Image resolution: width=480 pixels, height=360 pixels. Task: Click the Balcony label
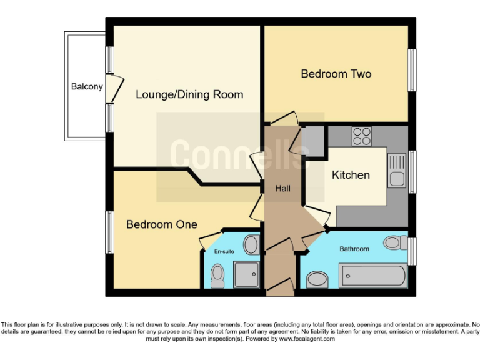click(87, 87)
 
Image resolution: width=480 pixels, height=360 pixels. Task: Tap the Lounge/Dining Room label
click(189, 95)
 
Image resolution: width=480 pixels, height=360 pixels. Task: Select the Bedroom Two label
click(336, 74)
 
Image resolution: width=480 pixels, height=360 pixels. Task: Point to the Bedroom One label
click(161, 224)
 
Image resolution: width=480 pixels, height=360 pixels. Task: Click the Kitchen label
click(351, 175)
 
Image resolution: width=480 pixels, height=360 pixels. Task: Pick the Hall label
click(282, 188)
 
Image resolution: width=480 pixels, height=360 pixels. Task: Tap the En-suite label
click(224, 251)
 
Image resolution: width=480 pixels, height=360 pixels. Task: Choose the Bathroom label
click(354, 249)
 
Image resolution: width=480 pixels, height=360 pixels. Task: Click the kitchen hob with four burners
click(361, 135)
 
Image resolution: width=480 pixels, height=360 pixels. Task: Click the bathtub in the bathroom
click(372, 276)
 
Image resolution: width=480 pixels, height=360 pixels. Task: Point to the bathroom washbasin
click(317, 279)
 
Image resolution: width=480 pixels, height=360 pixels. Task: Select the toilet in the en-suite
click(217, 274)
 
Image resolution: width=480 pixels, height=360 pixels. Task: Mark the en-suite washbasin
click(251, 244)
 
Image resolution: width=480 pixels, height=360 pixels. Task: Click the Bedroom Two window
click(412, 69)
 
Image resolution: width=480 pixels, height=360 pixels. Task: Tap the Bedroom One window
click(109, 232)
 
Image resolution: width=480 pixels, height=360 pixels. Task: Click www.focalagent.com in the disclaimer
click(307, 339)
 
